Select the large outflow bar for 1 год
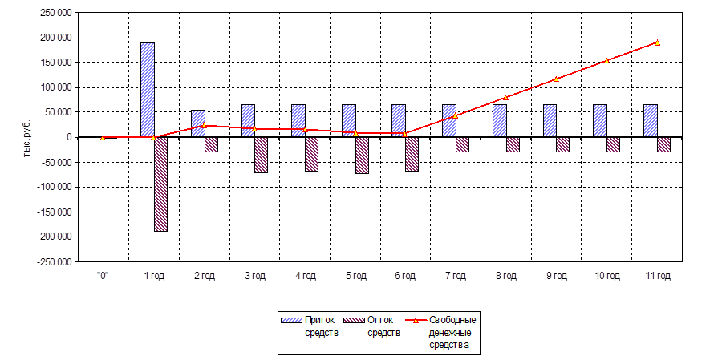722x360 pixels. tap(160, 184)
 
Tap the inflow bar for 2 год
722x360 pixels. tap(197, 123)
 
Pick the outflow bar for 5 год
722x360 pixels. tap(362, 155)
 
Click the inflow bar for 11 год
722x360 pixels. tap(650, 120)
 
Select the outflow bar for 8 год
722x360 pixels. tap(513, 144)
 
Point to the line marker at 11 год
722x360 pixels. tap(657, 42)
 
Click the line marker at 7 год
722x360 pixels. tap(456, 115)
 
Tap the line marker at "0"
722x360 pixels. tap(103, 137)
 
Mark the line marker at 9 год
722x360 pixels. tap(556, 79)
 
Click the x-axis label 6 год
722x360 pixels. tap(405, 276)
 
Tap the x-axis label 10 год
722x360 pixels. tap(606, 276)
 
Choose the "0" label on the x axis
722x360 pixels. tap(103, 276)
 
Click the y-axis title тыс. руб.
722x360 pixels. tap(26, 137)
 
